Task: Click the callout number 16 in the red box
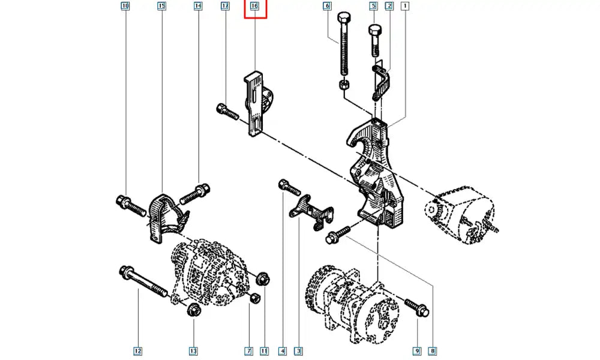click(254, 7)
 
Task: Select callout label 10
click(125, 7)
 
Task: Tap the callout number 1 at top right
click(406, 7)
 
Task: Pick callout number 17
click(225, 7)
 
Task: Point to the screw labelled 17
click(227, 110)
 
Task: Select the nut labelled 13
click(193, 310)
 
